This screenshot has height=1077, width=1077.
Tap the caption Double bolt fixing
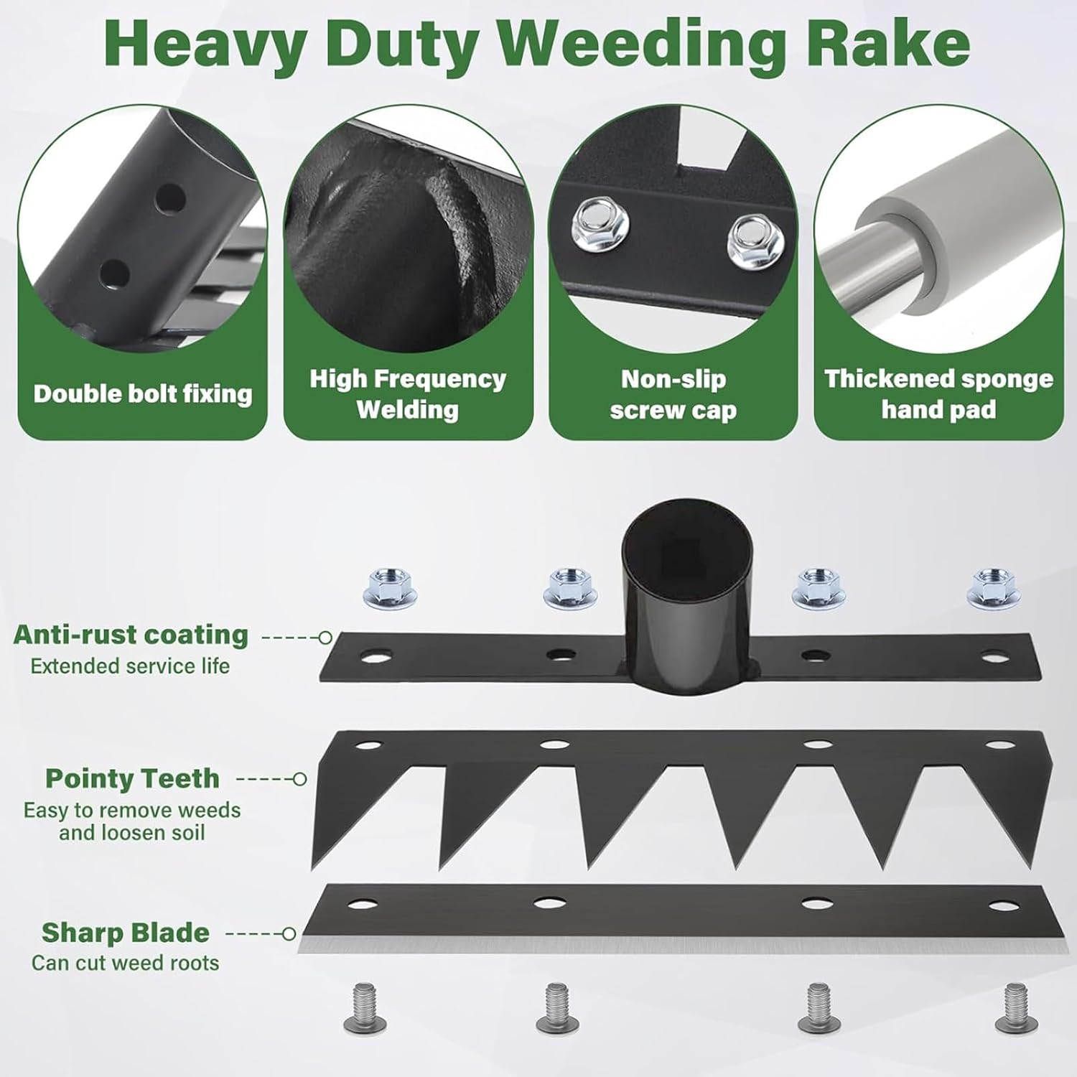143,393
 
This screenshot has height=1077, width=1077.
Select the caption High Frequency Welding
408,394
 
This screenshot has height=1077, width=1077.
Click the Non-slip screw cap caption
673,394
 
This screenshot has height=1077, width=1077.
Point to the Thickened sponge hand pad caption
938,394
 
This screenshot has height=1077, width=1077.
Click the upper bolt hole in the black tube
170,198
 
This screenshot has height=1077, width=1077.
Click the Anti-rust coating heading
131,635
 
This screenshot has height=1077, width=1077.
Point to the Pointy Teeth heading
132,778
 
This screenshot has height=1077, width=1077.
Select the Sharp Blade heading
126,933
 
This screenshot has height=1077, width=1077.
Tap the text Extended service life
130,666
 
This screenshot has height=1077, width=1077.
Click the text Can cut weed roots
126,963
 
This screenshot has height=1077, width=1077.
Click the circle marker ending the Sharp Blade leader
289,933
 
